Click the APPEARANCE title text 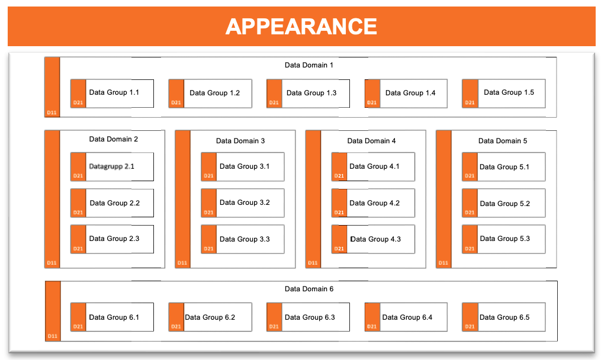[301, 27]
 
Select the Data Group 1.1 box [112, 94]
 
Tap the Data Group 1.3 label [311, 93]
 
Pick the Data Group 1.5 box [504, 94]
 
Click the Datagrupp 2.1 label [111, 166]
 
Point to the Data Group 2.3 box [112, 239]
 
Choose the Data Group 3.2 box [243, 203]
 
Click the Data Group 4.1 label [374, 166]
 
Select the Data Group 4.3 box [373, 239]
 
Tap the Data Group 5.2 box [504, 203]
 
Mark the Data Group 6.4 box [406, 317]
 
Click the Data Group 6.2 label [210, 317]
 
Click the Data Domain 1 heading [309, 65]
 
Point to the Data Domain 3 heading [240, 141]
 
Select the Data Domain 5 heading [503, 141]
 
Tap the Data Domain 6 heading [309, 289]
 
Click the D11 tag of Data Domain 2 [52, 263]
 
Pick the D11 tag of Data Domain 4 [313, 263]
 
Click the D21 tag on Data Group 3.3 [208, 249]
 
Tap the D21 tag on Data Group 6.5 [470, 327]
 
